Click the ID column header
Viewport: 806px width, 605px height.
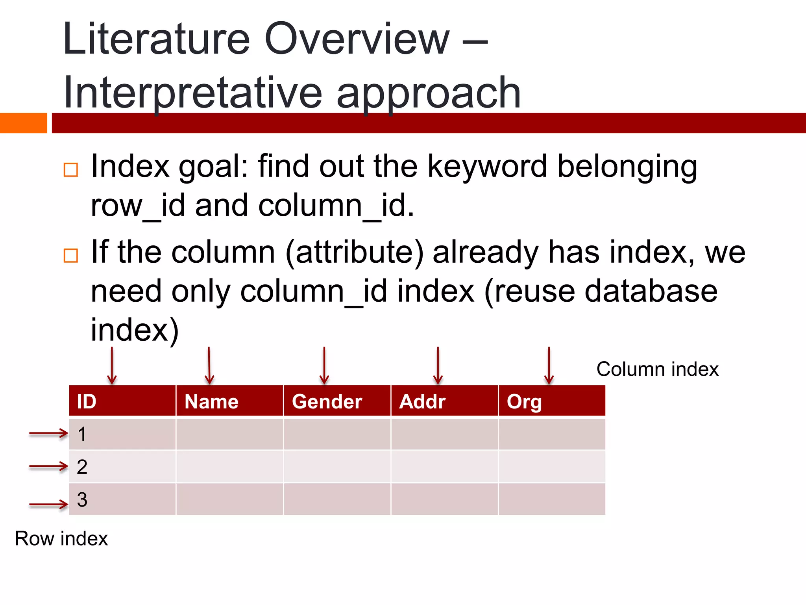[x=122, y=401]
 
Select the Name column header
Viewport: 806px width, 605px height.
[x=229, y=401]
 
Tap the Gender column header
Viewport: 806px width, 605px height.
[x=337, y=401]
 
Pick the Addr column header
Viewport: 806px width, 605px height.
[x=444, y=401]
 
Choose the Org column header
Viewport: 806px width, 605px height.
[x=552, y=401]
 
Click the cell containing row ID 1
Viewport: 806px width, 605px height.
[x=122, y=434]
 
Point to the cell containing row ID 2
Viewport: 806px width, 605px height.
[x=122, y=467]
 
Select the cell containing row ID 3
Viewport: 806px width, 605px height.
[x=122, y=499]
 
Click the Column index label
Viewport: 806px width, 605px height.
[x=657, y=369]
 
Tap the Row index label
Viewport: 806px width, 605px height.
[x=61, y=538]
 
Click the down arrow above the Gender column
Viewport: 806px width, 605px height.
[x=324, y=366]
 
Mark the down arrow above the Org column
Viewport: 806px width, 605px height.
[x=549, y=366]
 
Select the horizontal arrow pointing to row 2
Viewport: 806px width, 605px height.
[x=49, y=467]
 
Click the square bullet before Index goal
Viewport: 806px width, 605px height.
[x=71, y=170]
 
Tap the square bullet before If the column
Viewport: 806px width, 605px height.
[x=71, y=256]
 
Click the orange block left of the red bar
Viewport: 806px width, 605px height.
[x=23, y=123]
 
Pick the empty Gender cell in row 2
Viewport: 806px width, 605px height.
[x=337, y=467]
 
